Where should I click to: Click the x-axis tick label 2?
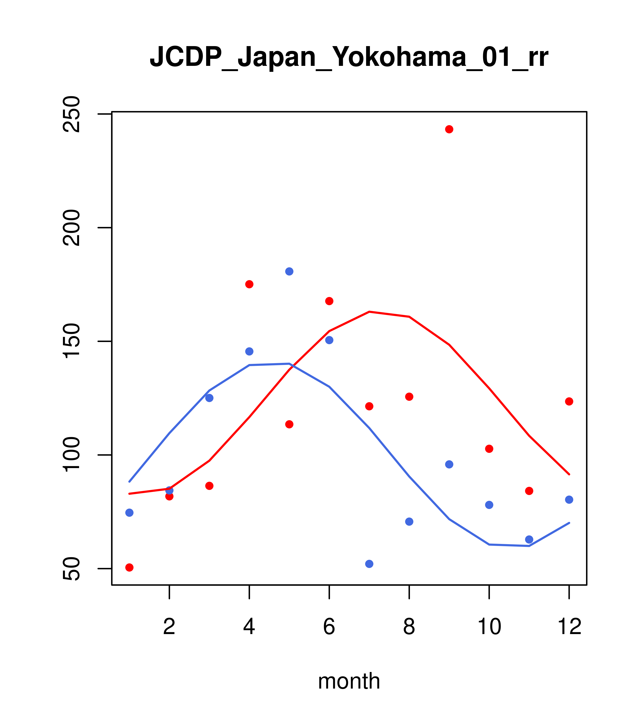170,626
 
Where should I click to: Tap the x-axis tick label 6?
329,626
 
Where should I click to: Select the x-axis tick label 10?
489,626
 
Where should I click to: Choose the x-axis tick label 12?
569,626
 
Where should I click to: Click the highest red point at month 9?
449,129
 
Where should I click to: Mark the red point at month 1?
129,568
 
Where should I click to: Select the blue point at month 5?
289,272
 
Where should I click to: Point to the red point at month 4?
249,284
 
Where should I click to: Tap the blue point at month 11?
529,539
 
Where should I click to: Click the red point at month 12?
569,401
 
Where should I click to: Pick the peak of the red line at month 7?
369,312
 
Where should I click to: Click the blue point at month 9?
449,464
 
